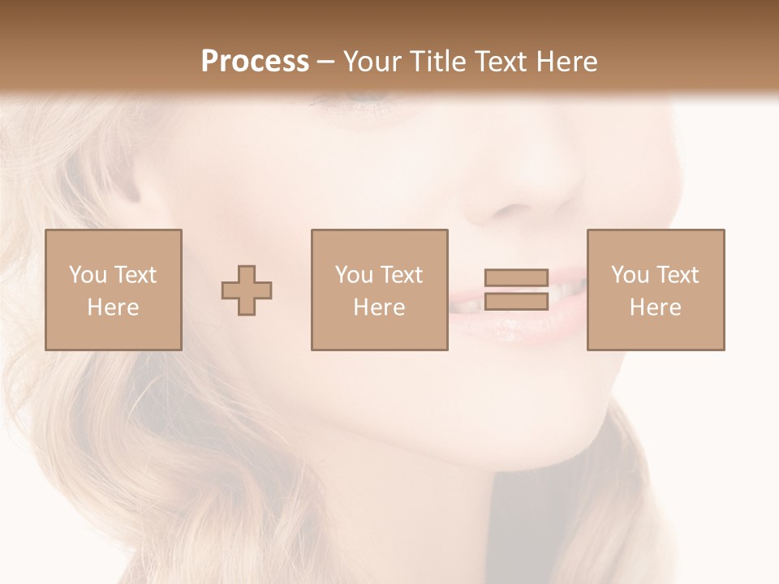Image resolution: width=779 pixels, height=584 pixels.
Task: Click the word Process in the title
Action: pos(255,62)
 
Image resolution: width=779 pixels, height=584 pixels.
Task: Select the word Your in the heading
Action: pos(373,62)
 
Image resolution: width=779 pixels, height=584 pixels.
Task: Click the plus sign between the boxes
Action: pos(247,290)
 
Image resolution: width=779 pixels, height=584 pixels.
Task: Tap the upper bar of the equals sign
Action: pos(516,278)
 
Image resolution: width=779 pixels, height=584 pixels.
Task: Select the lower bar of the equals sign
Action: pos(516,301)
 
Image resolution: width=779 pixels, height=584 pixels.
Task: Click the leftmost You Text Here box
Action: pos(114,290)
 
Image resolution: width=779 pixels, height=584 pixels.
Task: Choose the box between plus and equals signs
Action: pos(380,290)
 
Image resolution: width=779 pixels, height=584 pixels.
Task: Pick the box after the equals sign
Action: pos(656,290)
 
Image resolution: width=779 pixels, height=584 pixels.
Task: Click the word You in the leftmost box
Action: pos(87,275)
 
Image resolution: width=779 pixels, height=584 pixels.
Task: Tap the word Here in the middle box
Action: pos(380,307)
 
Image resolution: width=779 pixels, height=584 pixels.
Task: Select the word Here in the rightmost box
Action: pos(656,307)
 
